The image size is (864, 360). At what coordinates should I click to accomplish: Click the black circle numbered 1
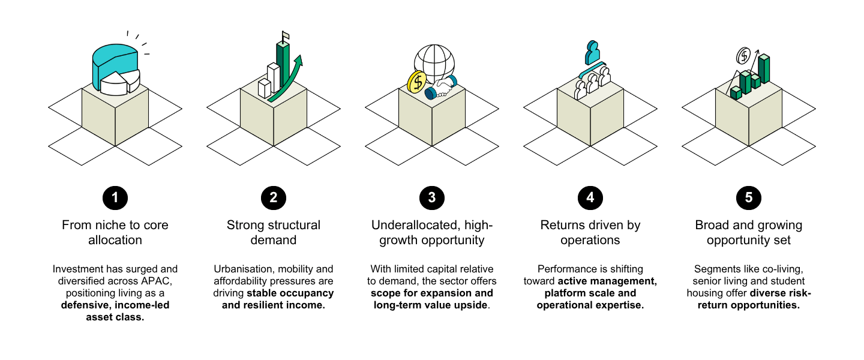[115, 198]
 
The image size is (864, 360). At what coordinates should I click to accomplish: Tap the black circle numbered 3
[431, 198]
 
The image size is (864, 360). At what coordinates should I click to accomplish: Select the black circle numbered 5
[748, 198]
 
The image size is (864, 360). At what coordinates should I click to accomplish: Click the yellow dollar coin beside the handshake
[416, 82]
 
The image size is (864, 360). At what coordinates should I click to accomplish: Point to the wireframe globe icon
[434, 62]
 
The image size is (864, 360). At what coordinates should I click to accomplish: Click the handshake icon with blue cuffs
[441, 88]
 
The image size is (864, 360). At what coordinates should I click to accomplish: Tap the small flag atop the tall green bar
[286, 36]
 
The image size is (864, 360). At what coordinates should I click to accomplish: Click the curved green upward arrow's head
[299, 61]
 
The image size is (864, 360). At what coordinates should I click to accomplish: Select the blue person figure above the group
[592, 52]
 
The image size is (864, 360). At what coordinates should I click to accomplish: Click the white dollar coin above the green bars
[743, 56]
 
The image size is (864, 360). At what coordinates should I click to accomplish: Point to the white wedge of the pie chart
[114, 84]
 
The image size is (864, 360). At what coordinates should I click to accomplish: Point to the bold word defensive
[86, 305]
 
